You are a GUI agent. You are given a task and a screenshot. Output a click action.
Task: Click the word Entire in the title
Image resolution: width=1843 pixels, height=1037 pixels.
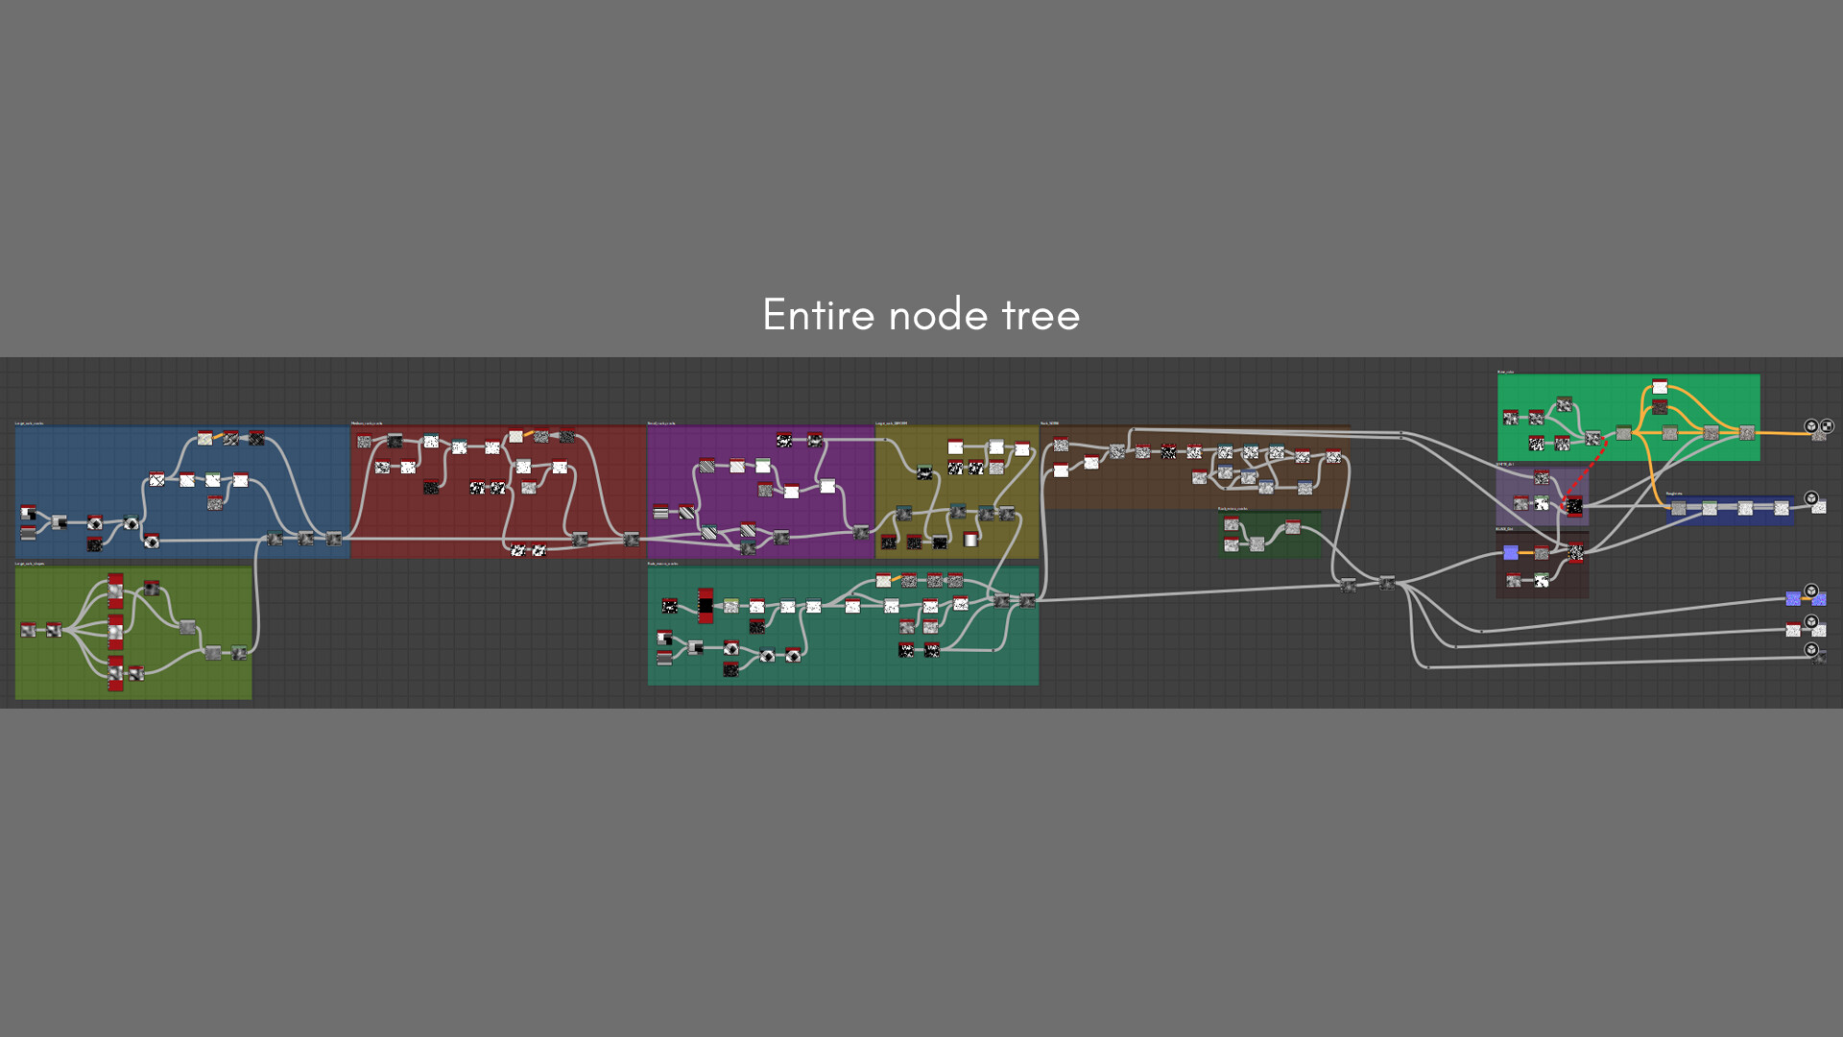818,315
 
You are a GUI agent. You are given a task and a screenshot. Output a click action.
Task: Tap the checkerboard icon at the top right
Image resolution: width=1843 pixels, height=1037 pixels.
1827,426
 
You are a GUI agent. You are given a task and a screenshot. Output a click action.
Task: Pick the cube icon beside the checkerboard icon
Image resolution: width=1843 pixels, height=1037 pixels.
1811,426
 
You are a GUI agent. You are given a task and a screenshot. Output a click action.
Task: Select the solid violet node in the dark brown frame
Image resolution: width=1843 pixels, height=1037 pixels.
1511,552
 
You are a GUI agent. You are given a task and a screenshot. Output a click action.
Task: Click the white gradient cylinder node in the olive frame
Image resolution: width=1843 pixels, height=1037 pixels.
970,539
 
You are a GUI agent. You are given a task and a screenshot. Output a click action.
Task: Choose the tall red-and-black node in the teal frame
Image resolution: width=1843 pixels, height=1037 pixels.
706,606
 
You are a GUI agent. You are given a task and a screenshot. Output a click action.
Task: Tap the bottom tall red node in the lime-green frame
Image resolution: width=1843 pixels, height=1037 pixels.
115,673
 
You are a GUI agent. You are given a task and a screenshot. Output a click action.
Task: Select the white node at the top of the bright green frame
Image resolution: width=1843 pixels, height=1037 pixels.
1660,387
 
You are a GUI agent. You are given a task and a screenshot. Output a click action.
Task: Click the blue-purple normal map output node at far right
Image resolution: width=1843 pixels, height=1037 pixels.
1793,599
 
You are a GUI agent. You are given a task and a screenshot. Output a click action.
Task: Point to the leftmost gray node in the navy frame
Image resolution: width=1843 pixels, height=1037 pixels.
1678,508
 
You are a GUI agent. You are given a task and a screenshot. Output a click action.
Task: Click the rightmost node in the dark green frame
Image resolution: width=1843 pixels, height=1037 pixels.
1293,527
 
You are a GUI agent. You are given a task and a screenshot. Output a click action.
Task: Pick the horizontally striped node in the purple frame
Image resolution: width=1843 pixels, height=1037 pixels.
660,512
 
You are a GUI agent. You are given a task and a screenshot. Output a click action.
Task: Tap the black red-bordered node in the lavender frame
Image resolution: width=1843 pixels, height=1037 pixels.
1574,506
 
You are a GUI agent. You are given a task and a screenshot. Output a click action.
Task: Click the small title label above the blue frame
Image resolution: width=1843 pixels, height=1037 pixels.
30,422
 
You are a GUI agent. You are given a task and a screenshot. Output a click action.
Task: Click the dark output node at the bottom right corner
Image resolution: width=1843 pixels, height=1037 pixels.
1819,657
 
